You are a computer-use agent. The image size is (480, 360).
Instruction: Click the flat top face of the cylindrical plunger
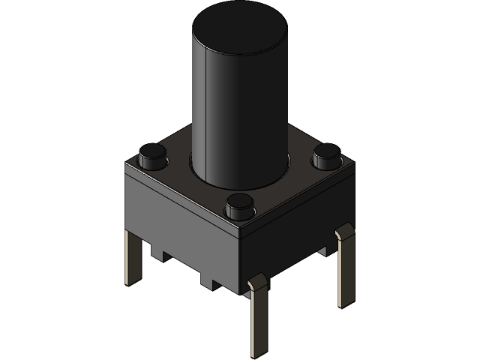[x=238, y=34]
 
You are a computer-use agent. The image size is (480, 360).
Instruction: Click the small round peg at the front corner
[x=239, y=205]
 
